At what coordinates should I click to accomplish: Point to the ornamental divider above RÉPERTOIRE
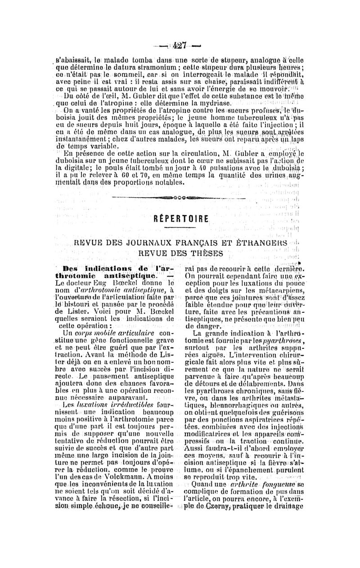tap(181, 197)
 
